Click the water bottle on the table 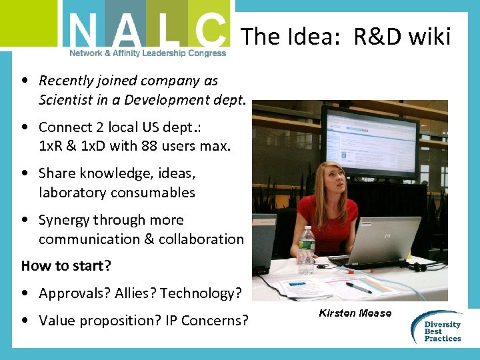pyautogui.click(x=307, y=251)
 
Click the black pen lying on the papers pyautogui.click(x=358, y=287)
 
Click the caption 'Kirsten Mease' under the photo pyautogui.click(x=355, y=313)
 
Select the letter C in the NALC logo pyautogui.click(x=207, y=30)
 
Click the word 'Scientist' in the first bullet pyautogui.click(x=67, y=100)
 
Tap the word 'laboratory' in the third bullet pyautogui.click(x=73, y=193)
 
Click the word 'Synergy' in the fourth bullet pyautogui.click(x=64, y=220)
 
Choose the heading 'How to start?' pyautogui.click(x=66, y=266)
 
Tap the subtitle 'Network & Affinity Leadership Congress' pyautogui.click(x=147, y=53)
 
